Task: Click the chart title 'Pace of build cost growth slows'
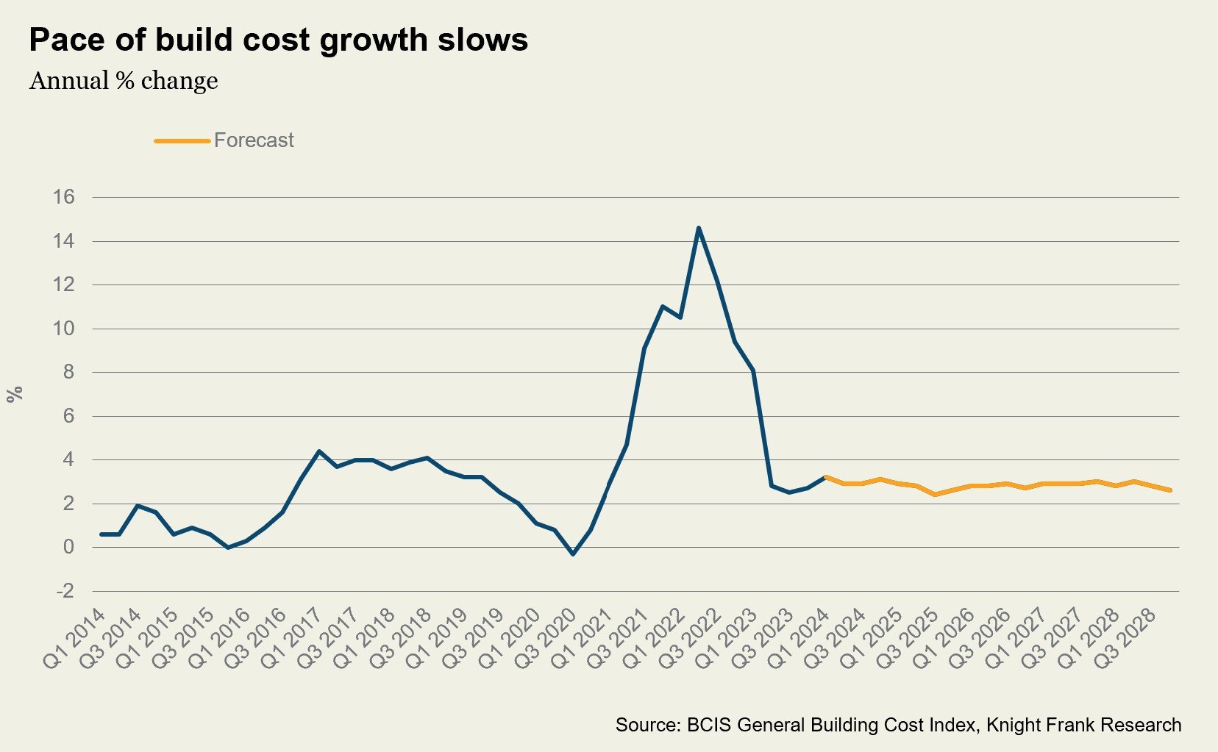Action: (x=278, y=40)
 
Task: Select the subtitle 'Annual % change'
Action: (x=124, y=81)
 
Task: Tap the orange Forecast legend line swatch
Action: (x=182, y=140)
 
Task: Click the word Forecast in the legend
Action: (x=254, y=140)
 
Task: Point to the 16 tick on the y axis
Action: (x=64, y=197)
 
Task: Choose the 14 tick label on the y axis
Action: (x=64, y=241)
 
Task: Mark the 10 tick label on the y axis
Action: (x=64, y=329)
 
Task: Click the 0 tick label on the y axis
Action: (x=68, y=547)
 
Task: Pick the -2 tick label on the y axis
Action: (x=64, y=591)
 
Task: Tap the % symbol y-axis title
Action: (x=15, y=394)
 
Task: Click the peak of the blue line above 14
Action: (x=698, y=228)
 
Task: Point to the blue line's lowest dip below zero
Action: (x=573, y=554)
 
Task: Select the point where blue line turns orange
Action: (x=826, y=477)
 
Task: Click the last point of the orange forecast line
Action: (x=1170, y=490)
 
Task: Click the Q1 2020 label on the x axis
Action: (x=510, y=638)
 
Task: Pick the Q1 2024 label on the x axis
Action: (x=800, y=638)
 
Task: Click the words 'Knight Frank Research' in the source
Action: (x=1083, y=725)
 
